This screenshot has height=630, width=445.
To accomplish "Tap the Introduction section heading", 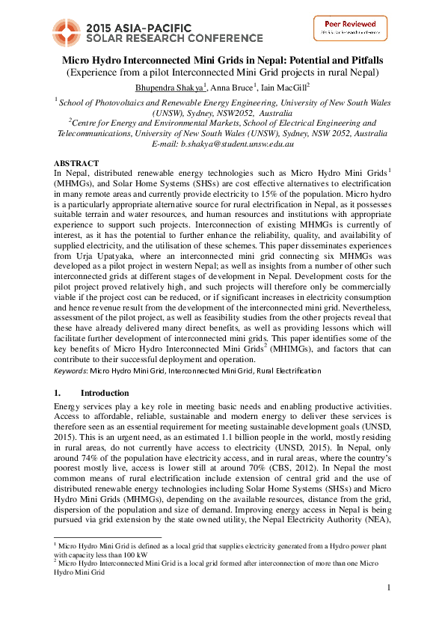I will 105,393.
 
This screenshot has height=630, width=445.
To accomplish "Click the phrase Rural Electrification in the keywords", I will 293,371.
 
